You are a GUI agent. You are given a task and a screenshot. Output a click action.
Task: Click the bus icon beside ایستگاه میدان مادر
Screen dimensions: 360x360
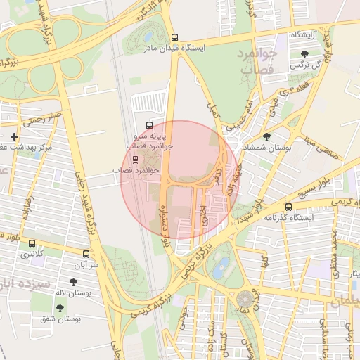[175, 38]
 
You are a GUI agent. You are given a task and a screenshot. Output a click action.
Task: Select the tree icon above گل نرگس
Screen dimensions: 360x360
[304, 53]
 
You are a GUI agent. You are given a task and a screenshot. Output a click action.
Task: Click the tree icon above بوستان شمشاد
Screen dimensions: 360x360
[266, 136]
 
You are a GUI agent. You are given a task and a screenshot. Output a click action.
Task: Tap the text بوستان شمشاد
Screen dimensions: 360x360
[264, 148]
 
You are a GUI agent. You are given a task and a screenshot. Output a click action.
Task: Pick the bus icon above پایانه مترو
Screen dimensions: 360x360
[148, 123]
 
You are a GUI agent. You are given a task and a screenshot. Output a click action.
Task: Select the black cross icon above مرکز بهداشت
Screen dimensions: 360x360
[15, 136]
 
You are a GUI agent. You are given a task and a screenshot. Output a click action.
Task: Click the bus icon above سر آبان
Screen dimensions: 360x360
[86, 254]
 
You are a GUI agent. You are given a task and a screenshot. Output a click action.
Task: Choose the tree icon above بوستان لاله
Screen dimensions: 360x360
[73, 282]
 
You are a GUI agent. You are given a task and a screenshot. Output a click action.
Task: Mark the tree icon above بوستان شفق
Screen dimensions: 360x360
[59, 308]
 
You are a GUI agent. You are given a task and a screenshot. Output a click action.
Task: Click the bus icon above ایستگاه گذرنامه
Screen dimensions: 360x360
[289, 207]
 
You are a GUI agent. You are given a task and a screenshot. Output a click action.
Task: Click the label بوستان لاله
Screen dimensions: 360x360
[73, 292]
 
